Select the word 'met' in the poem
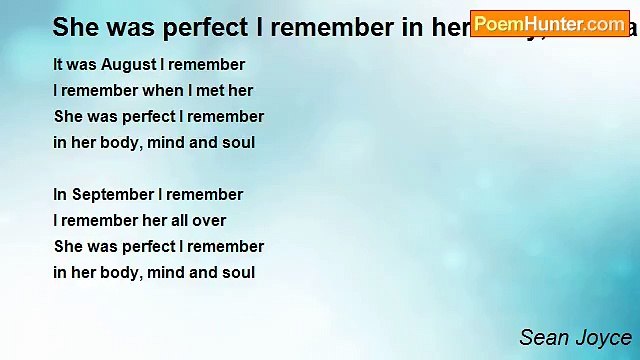click(211, 91)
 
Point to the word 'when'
click(157, 91)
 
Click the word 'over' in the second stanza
click(208, 221)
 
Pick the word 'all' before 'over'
click(176, 221)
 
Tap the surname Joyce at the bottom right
click(604, 338)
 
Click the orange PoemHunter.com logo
click(550, 24)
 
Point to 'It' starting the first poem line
click(58, 65)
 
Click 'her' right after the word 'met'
click(241, 91)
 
